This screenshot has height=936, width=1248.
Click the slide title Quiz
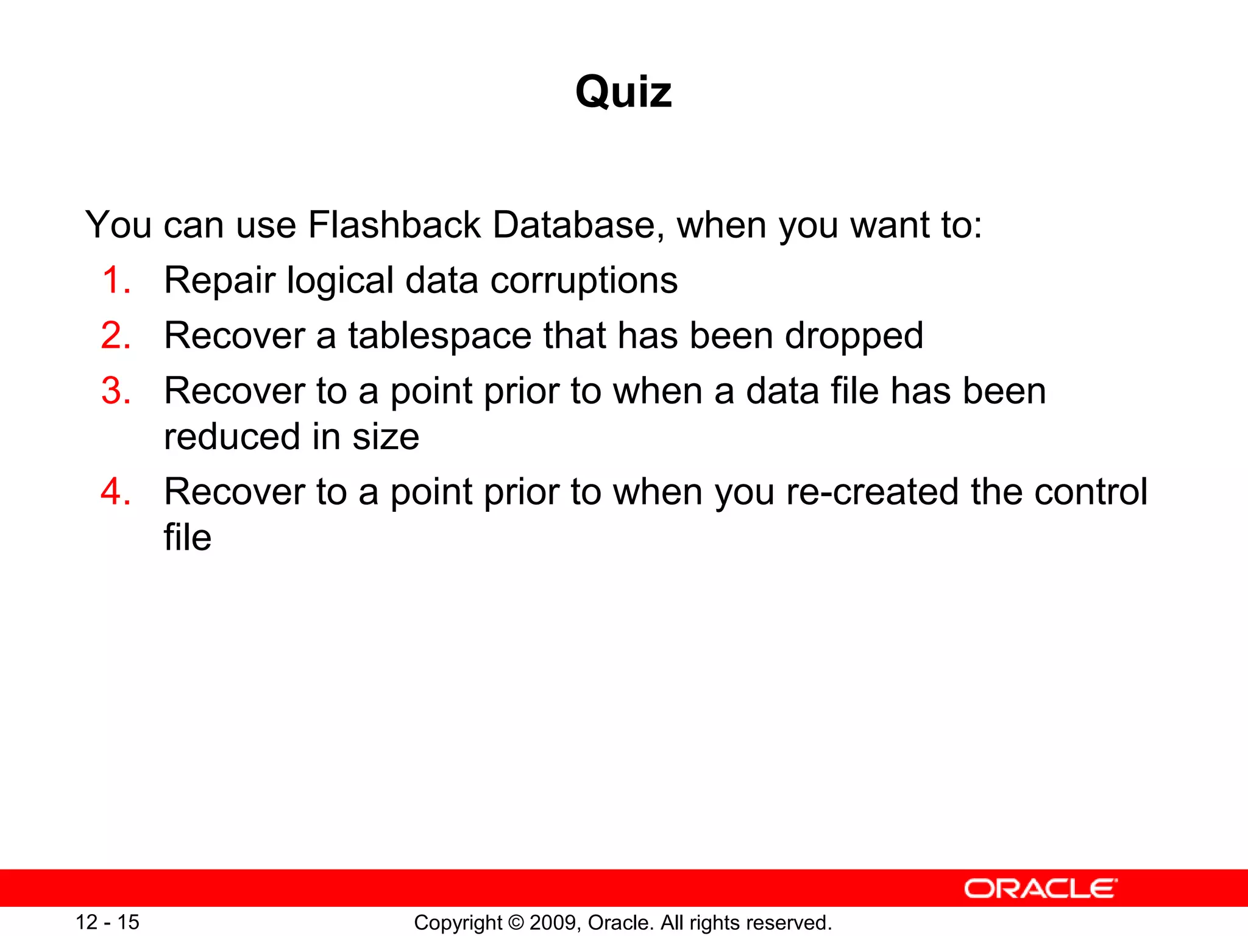click(623, 93)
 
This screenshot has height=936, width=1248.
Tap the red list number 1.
click(116, 281)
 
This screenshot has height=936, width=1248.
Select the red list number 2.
click(116, 336)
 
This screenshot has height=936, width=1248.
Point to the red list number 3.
click(116, 391)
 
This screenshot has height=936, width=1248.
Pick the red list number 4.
click(116, 492)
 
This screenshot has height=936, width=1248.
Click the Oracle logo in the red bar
click(1040, 889)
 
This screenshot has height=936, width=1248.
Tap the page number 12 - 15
click(107, 922)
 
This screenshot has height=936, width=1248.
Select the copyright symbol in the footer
click(516, 923)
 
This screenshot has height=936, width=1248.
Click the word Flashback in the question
click(394, 225)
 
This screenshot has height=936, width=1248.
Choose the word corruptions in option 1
click(584, 281)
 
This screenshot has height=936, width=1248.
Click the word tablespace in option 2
click(439, 336)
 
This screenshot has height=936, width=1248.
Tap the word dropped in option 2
click(854, 336)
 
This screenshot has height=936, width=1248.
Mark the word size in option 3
click(386, 437)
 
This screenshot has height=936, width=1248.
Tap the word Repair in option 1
click(219, 281)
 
